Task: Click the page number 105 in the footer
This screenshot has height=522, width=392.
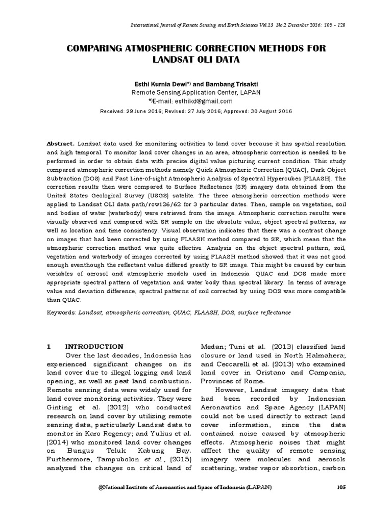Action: [x=341, y=488]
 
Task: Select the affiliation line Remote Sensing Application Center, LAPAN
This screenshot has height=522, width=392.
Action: [x=195, y=92]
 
